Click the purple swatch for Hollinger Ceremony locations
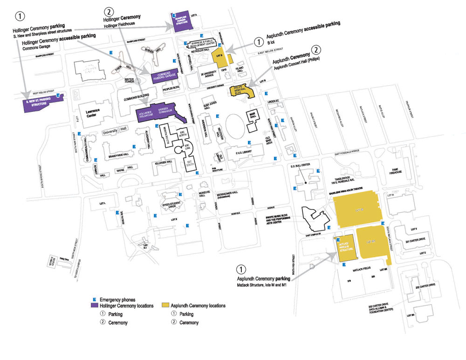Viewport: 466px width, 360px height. tap(94, 306)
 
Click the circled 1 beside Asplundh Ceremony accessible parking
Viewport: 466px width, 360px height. tap(259, 41)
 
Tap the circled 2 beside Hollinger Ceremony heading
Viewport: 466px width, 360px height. tap(109, 11)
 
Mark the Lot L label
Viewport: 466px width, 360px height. tap(103, 204)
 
